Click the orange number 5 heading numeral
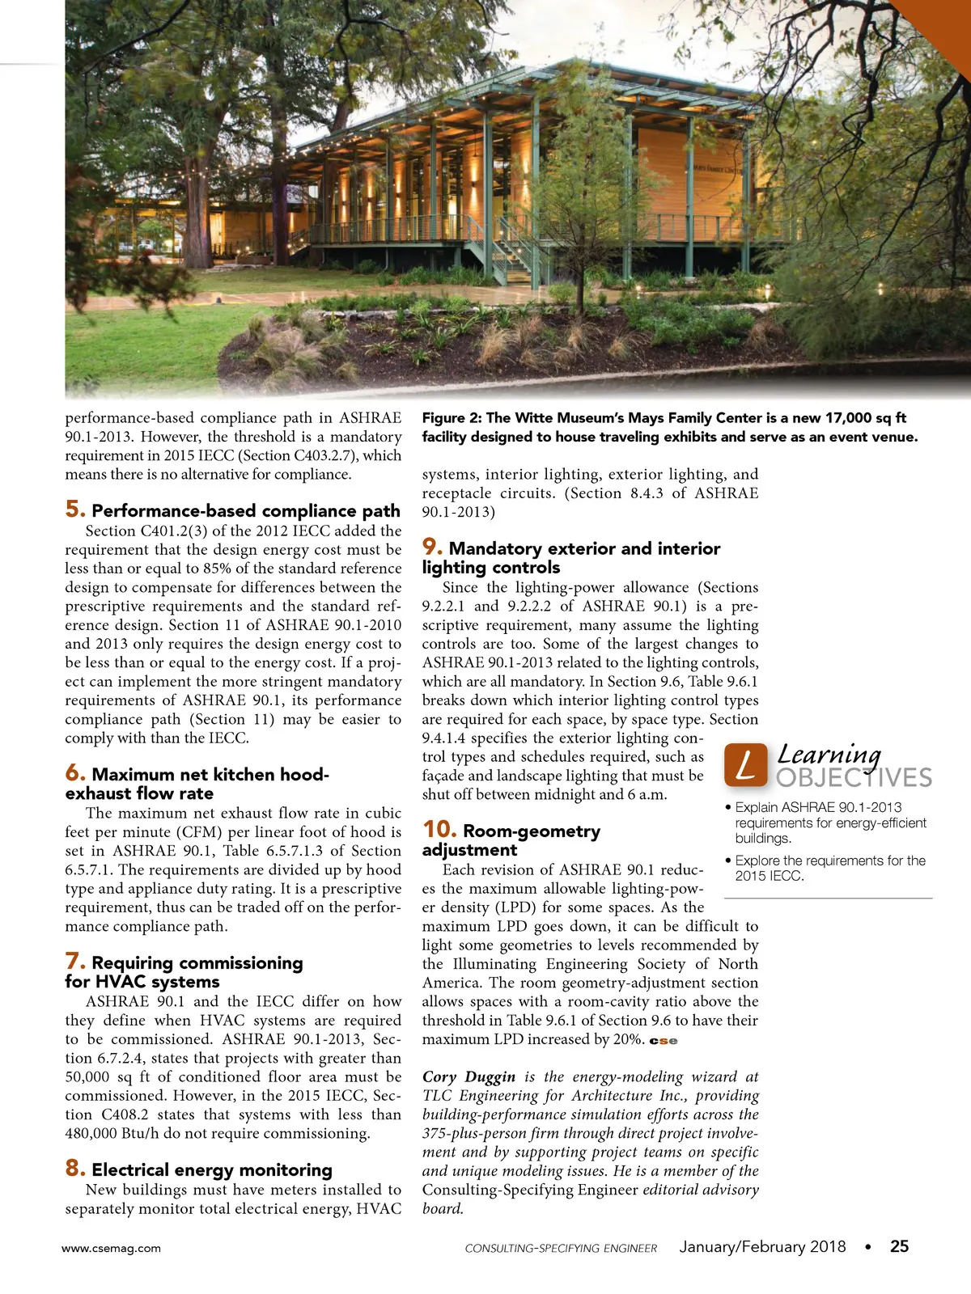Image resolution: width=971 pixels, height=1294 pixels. tap(74, 509)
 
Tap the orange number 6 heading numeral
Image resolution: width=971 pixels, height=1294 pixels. tap(74, 772)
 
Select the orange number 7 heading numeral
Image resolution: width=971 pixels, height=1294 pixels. tap(74, 961)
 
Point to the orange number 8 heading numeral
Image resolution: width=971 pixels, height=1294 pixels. tap(74, 1168)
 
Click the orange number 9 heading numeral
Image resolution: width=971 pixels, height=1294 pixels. tap(431, 547)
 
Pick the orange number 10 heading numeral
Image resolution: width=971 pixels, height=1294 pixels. tap(439, 829)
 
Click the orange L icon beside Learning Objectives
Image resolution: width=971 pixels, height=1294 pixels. tap(745, 764)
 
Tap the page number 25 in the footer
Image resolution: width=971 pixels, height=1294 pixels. tap(899, 1246)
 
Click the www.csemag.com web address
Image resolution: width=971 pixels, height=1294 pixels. tap(111, 1248)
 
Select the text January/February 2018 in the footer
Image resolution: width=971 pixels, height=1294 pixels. tap(762, 1246)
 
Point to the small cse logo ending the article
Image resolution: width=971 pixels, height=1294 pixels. tap(664, 1041)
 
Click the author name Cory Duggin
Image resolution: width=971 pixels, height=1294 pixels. tap(469, 1076)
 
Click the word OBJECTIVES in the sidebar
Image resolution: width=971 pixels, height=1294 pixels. tap(854, 778)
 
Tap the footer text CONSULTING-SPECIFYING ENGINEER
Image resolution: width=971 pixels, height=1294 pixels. tap(561, 1248)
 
